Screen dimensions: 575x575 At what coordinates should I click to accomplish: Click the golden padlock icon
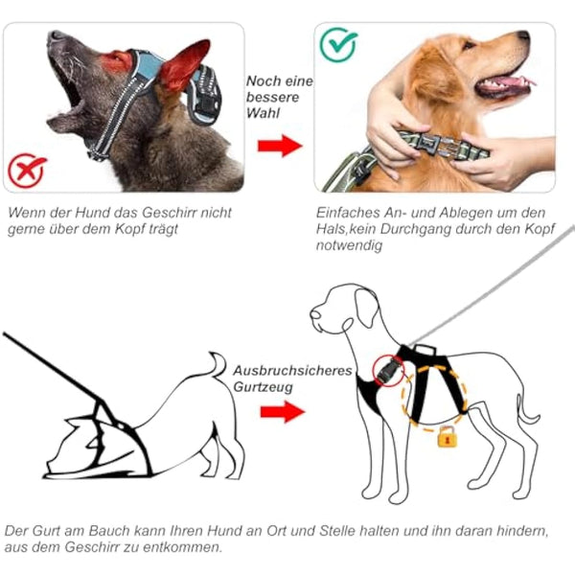445,438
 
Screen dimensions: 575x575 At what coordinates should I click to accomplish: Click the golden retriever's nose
525,37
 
